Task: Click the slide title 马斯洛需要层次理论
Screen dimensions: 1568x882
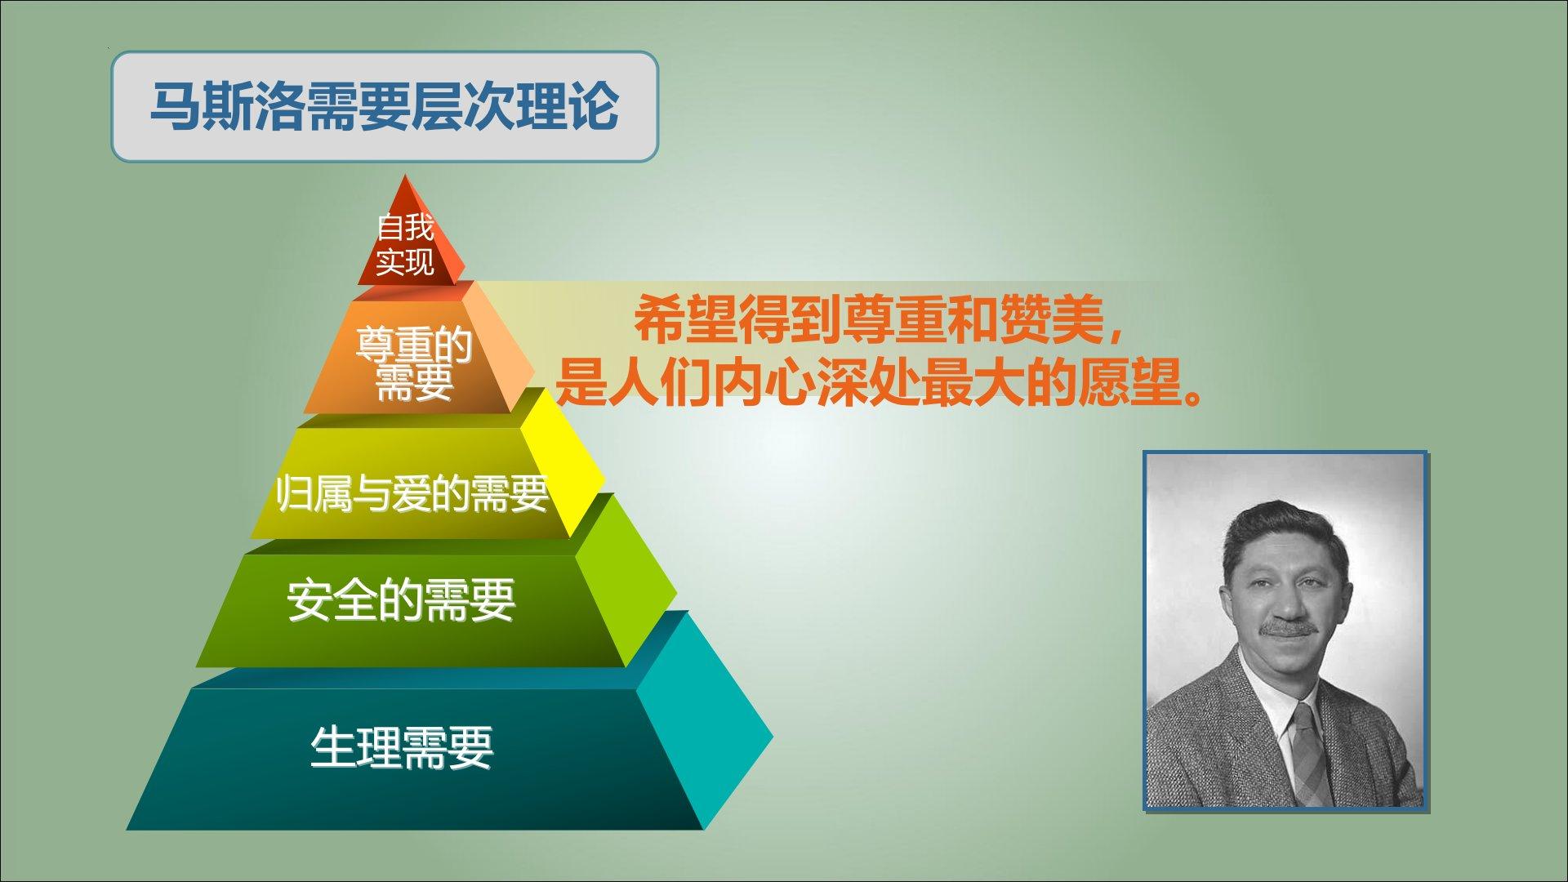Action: [384, 107]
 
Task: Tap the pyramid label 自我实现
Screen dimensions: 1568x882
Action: [405, 244]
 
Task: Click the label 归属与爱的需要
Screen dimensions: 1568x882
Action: [412, 493]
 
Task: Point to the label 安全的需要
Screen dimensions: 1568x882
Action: [401, 601]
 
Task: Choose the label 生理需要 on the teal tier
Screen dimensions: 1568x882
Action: [402, 747]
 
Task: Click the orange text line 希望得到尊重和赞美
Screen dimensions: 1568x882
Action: [880, 320]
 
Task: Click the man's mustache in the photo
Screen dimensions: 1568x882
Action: [1289, 628]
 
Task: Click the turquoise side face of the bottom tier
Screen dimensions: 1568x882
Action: [702, 719]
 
